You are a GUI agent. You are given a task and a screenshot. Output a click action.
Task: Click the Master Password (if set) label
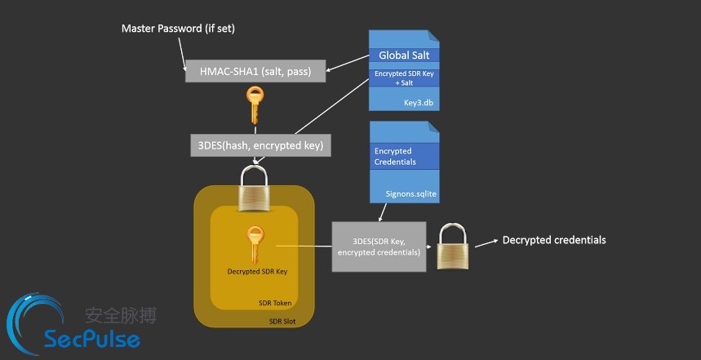179,29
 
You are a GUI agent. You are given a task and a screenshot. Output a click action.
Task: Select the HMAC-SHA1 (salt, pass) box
255,71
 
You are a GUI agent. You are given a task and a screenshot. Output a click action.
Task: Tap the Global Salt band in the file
404,56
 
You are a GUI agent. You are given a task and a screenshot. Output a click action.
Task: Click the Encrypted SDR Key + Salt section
404,78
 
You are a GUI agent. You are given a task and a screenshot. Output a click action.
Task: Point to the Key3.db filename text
418,103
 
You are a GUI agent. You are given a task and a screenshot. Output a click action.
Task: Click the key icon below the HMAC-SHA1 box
255,105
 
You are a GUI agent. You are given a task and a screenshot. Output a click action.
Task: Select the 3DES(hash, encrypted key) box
260,145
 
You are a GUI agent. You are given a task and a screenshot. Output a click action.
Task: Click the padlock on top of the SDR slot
254,188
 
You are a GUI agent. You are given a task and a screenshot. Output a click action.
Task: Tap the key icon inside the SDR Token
255,245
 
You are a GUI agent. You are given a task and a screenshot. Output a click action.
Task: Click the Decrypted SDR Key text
256,272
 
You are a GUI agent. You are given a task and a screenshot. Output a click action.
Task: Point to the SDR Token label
275,303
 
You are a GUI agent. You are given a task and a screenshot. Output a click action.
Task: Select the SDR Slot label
282,321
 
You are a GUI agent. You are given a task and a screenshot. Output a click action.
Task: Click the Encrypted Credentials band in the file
404,156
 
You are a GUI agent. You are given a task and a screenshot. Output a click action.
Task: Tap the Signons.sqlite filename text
410,194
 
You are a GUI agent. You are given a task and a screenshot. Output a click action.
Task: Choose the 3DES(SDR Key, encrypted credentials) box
379,247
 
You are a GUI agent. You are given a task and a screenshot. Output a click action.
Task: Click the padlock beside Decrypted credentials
453,247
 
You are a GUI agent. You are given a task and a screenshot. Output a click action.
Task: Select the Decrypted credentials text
554,240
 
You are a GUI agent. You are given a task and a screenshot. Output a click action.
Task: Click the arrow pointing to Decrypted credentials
486,243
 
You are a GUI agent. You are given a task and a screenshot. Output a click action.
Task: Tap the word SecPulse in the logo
92,338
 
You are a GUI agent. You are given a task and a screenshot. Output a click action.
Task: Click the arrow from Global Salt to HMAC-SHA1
348,63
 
